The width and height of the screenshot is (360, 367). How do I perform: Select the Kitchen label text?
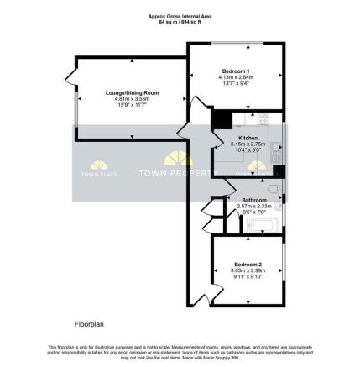(x=248, y=137)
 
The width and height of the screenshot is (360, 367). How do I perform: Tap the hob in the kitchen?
(x=261, y=118)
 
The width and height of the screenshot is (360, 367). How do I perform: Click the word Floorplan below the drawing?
(x=87, y=322)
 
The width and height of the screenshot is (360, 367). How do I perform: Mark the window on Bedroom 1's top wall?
(x=232, y=43)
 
